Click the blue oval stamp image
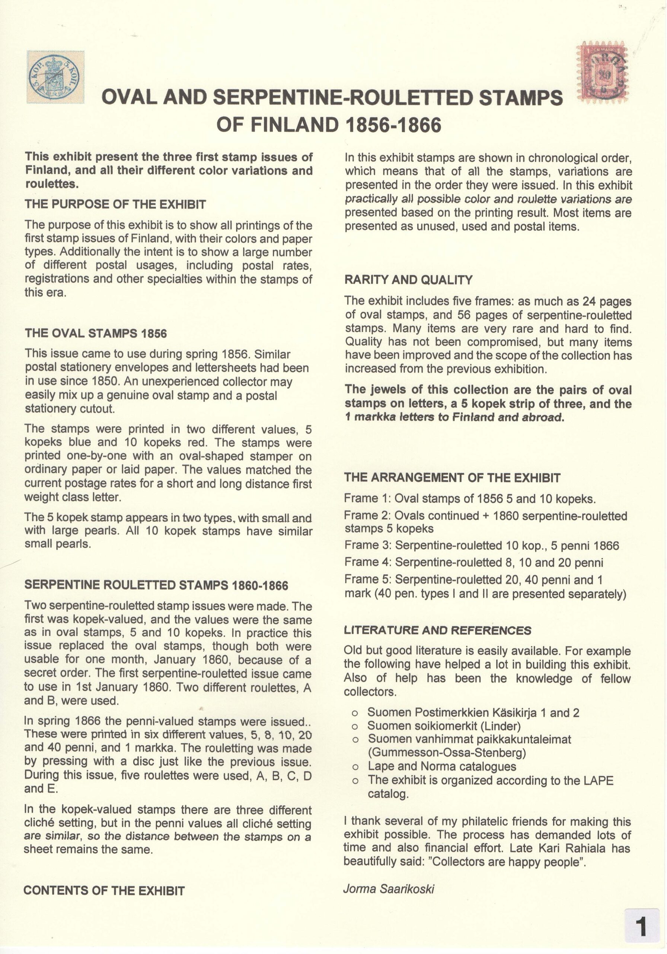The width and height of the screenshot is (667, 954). coord(55,77)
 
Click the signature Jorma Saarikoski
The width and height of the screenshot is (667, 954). coord(389,889)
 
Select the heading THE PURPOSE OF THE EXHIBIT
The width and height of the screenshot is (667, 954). coord(115,205)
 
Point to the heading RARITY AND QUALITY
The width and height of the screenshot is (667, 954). coord(408,280)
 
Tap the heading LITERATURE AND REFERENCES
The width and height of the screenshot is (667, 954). coord(437,631)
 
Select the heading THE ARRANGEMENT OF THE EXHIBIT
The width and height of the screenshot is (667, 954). coord(452,478)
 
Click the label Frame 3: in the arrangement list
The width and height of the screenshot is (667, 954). coord(368,546)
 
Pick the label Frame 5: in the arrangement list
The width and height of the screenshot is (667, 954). coord(368,579)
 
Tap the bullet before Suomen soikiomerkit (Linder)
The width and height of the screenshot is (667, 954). coord(355,727)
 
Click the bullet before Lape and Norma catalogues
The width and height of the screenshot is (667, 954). coord(355,767)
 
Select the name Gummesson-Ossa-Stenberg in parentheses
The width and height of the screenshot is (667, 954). coord(447,753)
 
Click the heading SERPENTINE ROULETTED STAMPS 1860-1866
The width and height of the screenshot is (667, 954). coord(156,585)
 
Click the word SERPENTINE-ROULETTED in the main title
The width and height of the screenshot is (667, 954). coord(343,98)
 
